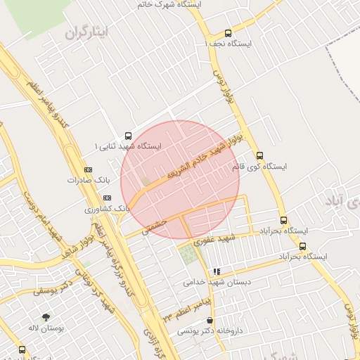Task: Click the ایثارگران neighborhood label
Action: pos(88,33)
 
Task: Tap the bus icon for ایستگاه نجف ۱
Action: pos(227,33)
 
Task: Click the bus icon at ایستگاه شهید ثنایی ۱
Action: pos(127,135)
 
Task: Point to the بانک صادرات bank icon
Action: pos(87,169)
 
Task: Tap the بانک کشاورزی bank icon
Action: pos(107,198)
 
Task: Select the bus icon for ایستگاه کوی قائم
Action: pos(259,156)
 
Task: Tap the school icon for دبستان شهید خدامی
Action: pos(217,271)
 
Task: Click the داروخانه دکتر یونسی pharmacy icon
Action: pos(210,321)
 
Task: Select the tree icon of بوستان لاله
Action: pos(46,318)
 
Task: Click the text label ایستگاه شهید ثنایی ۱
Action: pos(128,146)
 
